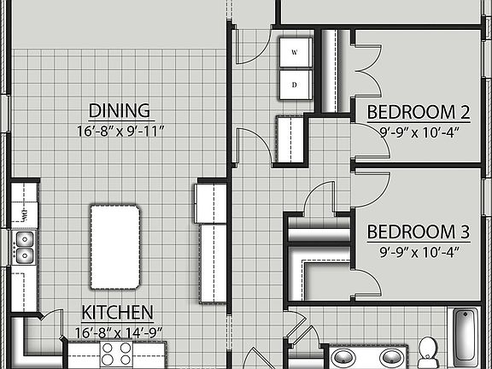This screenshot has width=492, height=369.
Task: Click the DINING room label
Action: [120, 111]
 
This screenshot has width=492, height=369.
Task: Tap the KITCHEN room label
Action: [118, 313]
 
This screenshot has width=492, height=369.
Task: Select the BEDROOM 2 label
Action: [419, 112]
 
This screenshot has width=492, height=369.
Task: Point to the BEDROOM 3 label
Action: [419, 231]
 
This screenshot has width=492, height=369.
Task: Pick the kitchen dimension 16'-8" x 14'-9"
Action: [118, 332]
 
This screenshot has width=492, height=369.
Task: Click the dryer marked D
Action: [296, 85]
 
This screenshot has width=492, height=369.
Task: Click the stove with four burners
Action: [116, 354]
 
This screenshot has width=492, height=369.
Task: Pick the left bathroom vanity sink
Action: [345, 356]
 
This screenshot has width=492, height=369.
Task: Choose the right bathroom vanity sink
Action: [391, 356]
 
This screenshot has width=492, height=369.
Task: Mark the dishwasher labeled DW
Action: [24, 212]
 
